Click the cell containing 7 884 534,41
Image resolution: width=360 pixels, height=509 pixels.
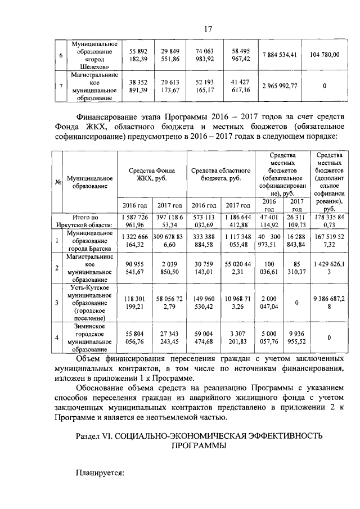pyautogui.click(x=280, y=55)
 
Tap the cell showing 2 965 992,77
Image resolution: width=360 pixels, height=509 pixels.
pyautogui.click(x=280, y=86)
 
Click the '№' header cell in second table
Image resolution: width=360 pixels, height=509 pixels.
pyautogui.click(x=58, y=182)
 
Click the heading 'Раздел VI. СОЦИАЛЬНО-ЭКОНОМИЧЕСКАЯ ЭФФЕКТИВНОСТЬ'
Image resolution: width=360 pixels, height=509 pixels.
pyautogui.click(x=200, y=436)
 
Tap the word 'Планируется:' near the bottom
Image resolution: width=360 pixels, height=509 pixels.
pyautogui.click(x=100, y=473)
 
